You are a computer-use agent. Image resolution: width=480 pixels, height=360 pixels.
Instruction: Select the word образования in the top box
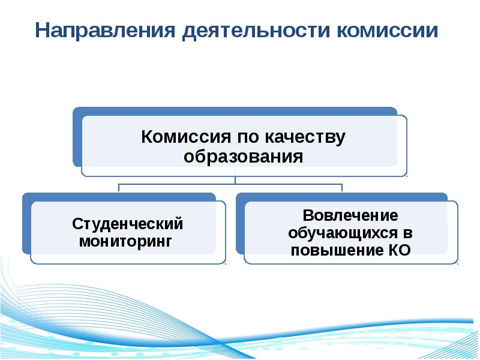(243, 157)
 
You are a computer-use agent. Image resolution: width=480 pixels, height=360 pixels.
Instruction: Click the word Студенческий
(127, 224)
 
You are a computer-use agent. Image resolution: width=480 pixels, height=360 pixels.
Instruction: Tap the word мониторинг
(126, 242)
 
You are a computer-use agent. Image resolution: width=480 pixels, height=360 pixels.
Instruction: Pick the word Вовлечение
(350, 215)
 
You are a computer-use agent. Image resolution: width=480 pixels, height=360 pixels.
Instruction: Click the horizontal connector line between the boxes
(180, 185)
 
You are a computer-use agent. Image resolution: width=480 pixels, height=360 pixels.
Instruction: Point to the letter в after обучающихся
(408, 233)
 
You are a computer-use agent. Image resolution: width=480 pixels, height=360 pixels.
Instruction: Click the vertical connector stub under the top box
(235, 180)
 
